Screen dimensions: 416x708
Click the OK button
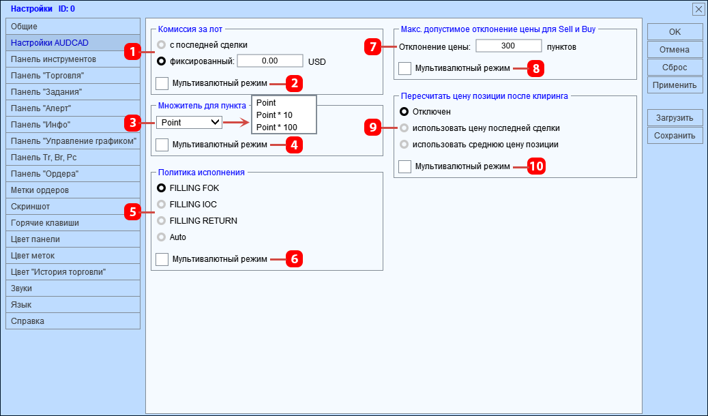[x=675, y=32]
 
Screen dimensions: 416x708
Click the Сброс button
[x=675, y=68]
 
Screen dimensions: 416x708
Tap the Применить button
[x=675, y=85]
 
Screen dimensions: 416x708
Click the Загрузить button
[x=675, y=118]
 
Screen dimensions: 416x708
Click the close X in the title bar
[x=698, y=9]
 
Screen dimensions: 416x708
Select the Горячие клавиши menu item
[x=73, y=223]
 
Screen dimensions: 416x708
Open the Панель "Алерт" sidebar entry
[x=73, y=108]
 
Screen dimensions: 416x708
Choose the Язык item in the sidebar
[x=73, y=305]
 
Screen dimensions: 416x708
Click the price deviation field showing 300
[x=507, y=46]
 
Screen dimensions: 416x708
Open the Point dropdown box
[x=189, y=122]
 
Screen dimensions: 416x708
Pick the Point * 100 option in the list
[x=277, y=127]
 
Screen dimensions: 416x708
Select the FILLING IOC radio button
[x=162, y=204]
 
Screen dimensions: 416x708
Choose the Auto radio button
[x=162, y=237]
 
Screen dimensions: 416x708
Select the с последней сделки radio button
[x=162, y=45]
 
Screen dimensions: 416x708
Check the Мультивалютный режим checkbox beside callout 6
[x=162, y=259]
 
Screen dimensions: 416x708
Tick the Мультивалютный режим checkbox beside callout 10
[x=404, y=166]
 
